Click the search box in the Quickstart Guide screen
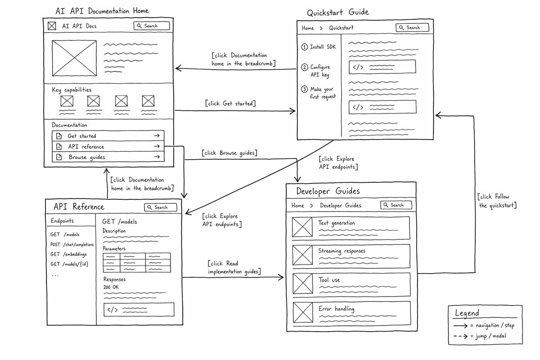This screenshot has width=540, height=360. point(412,27)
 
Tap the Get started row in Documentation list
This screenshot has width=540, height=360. point(108,136)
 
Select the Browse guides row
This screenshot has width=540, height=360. point(108,157)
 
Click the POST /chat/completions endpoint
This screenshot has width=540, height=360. point(72,244)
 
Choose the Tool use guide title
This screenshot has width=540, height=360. point(329,280)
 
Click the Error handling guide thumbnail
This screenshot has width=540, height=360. point(303,312)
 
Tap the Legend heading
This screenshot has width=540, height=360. point(467,313)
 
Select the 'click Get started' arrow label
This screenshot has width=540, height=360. point(230,103)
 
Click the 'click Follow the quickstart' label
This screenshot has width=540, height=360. point(497,201)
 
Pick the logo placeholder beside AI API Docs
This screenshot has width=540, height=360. point(52,26)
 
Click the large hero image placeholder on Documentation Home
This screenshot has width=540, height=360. point(74,58)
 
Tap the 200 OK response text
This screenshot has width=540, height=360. point(111,287)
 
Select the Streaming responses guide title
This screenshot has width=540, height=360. point(342,251)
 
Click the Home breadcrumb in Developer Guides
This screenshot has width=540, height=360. point(298,206)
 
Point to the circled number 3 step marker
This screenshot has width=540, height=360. point(304,89)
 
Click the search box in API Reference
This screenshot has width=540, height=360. point(161,207)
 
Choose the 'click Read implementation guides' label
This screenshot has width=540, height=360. point(234,267)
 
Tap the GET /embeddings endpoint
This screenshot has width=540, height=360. point(68,254)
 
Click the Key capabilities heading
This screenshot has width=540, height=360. point(72,90)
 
